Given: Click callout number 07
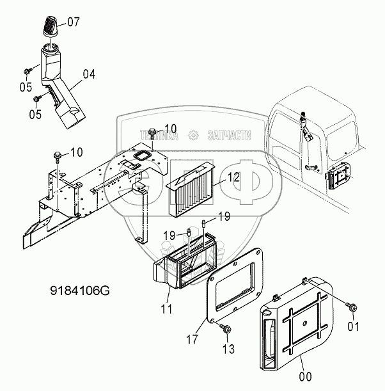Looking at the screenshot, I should point(74,23).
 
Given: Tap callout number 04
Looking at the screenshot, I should point(88,74).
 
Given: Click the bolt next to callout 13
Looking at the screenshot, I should point(226,329).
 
